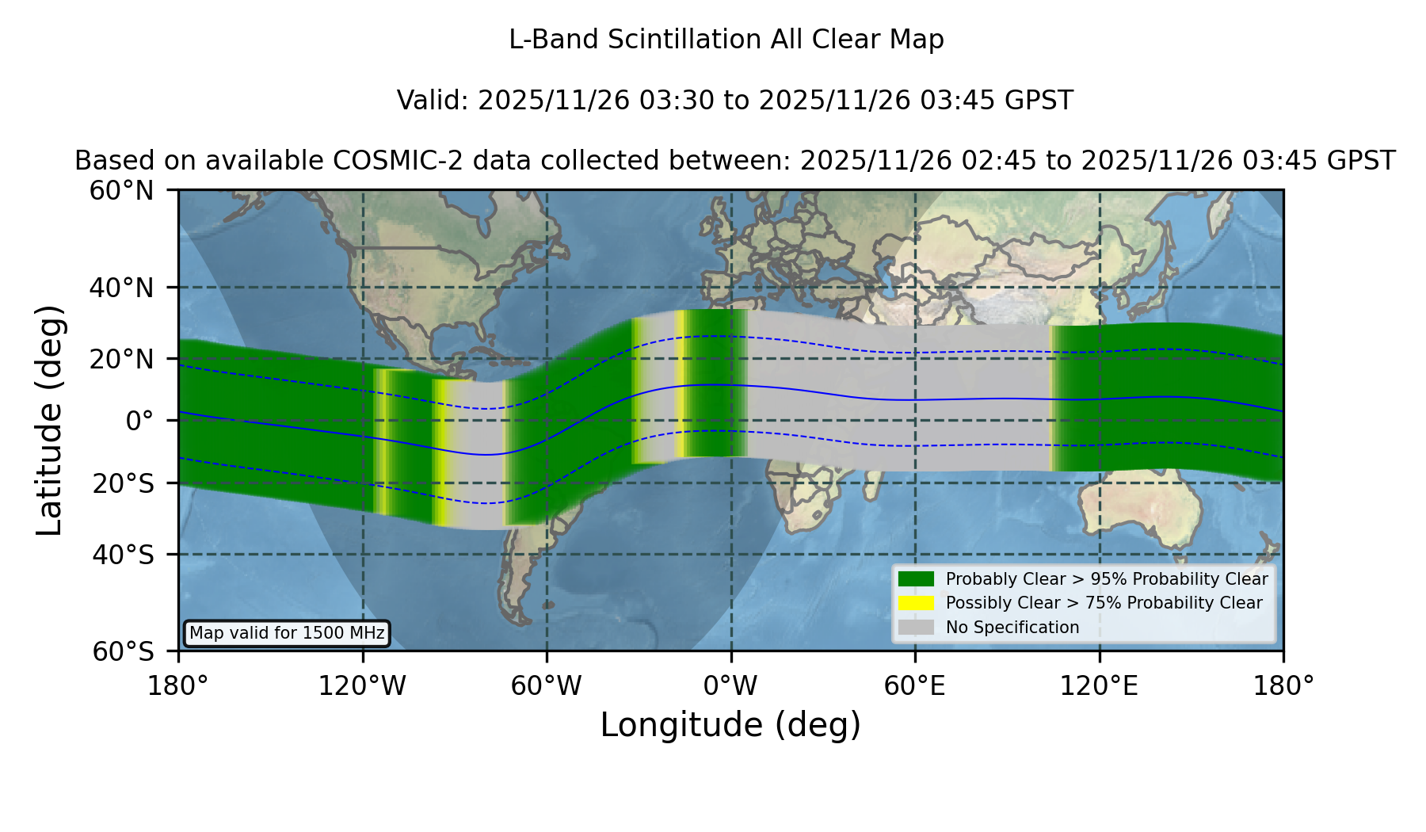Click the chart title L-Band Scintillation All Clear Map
point(726,40)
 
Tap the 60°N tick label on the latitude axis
point(122,190)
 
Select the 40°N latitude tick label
point(122,288)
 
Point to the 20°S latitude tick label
point(124,483)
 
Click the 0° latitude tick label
point(139,421)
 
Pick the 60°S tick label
point(124,651)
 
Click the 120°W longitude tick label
point(362,685)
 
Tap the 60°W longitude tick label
point(547,685)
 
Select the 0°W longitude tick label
point(730,685)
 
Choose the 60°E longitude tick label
point(915,685)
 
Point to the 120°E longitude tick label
point(1099,685)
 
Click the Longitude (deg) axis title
point(730,725)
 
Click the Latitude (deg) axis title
point(49,420)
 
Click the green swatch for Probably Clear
point(917,578)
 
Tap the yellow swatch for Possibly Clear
point(917,602)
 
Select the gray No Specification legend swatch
point(917,627)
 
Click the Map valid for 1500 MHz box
point(287,633)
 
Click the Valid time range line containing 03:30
point(734,101)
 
